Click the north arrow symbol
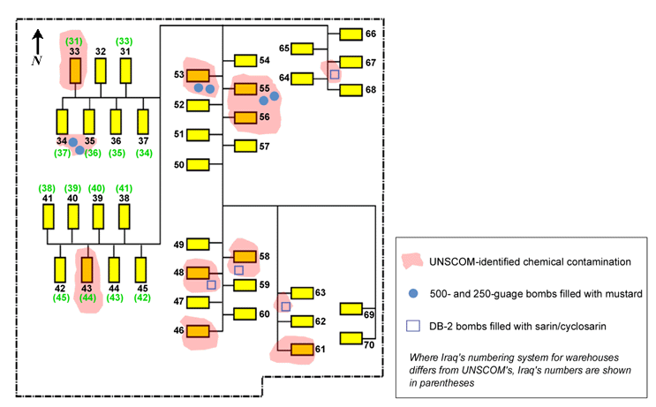(x=37, y=42)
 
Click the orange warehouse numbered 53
(x=198, y=76)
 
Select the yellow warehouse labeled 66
(x=351, y=34)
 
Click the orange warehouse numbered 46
(x=198, y=332)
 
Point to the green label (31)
(x=75, y=41)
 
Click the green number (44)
(x=87, y=298)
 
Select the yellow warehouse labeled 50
(x=198, y=164)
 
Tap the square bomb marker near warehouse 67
(x=334, y=75)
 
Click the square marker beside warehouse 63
(x=285, y=306)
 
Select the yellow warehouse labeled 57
(x=245, y=146)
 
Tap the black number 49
(x=178, y=245)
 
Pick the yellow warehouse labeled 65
(x=302, y=48)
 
